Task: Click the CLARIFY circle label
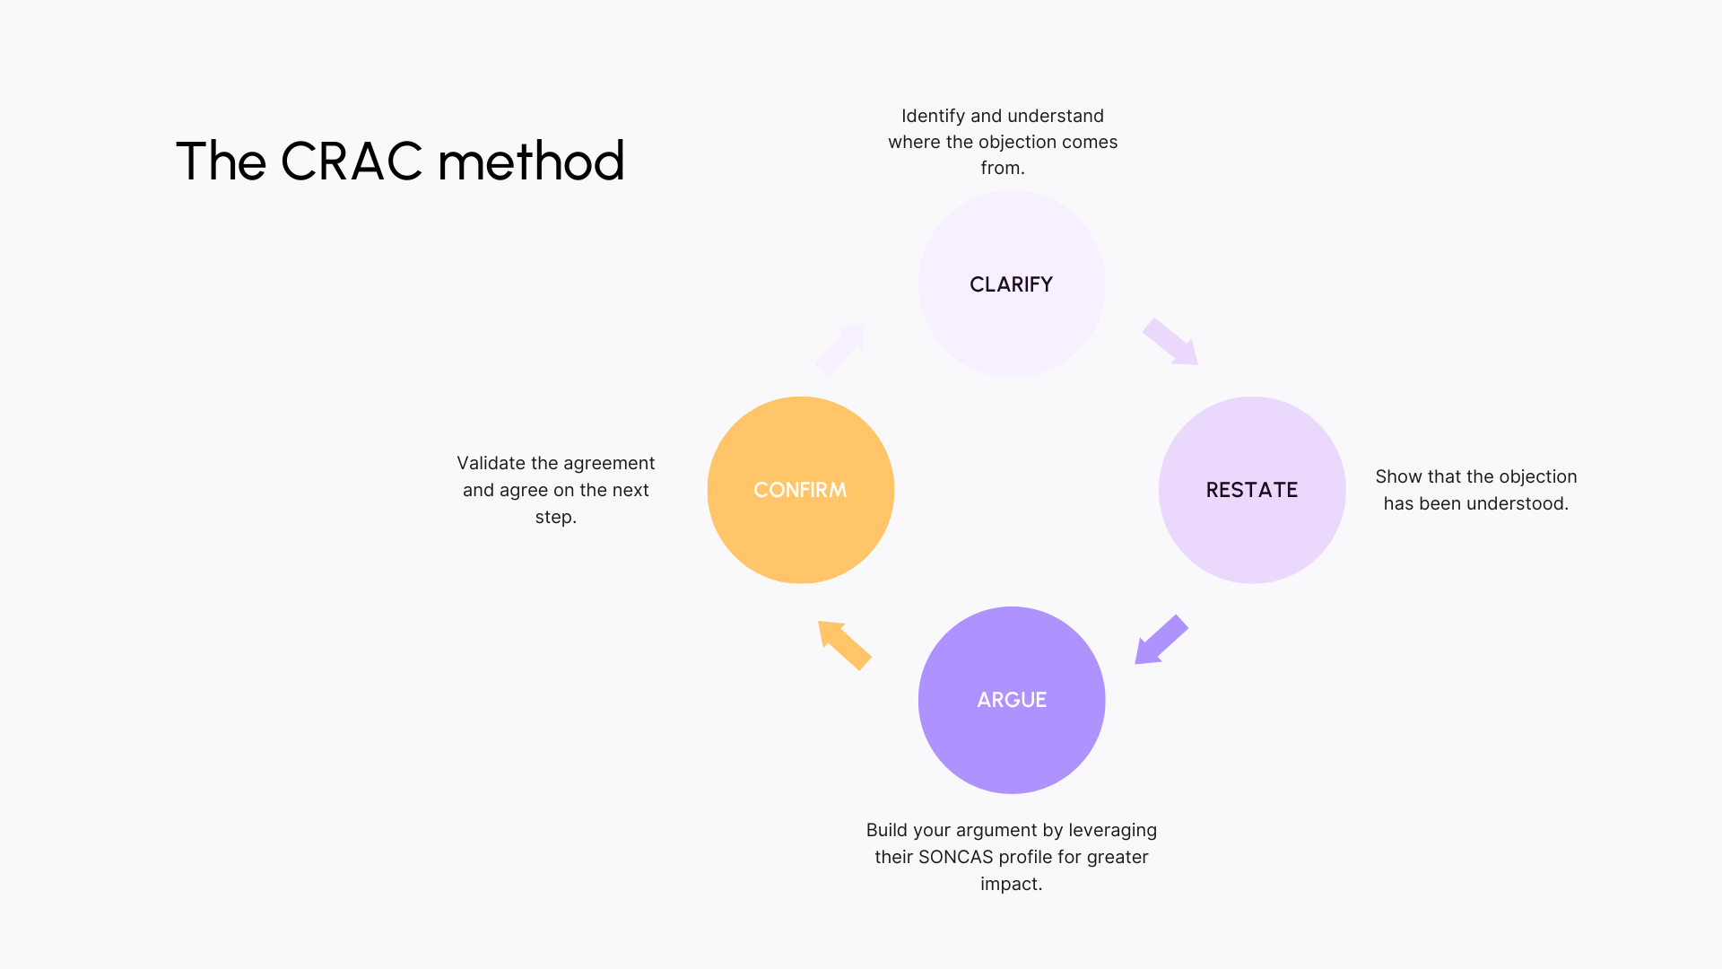tap(1011, 284)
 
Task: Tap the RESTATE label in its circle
tap(1251, 490)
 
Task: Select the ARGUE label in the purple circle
tap(1012, 700)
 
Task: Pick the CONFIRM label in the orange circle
tap(800, 490)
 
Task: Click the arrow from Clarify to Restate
tap(1170, 342)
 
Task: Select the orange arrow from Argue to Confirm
tap(844, 645)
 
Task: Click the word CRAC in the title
tap(352, 161)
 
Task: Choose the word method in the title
tap(531, 161)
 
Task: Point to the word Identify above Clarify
tap(933, 117)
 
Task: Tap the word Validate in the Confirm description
tap(491, 463)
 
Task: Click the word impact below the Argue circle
tap(1008, 884)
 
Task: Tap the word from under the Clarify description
tap(999, 168)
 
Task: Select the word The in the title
tap(221, 161)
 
